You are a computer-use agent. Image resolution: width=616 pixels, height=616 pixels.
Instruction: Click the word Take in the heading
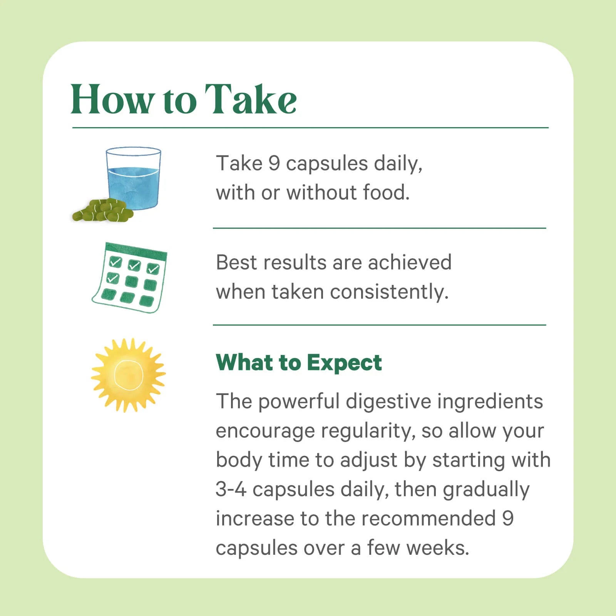click(250, 99)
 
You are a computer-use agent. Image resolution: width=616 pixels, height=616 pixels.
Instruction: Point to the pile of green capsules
click(102, 210)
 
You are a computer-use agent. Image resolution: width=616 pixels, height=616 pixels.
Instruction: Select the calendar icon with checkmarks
click(130, 277)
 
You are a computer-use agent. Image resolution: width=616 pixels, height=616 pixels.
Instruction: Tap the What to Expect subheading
click(299, 362)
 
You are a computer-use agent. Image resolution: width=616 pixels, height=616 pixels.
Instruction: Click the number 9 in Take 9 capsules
click(274, 163)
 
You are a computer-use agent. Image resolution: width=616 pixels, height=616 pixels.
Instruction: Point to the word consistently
click(389, 292)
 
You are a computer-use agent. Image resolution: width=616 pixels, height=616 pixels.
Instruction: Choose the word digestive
click(388, 402)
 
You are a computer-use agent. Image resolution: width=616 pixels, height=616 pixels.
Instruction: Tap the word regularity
click(368, 431)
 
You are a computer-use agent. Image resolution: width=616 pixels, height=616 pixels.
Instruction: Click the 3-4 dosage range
click(231, 489)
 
